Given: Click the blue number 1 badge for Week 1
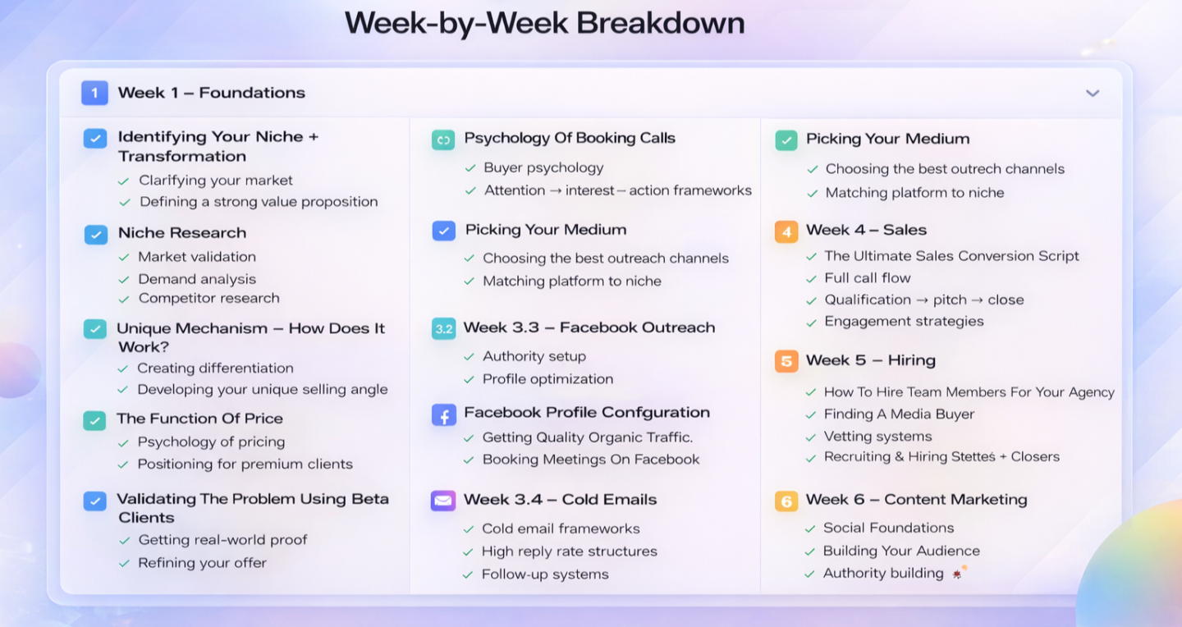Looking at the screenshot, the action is [94, 93].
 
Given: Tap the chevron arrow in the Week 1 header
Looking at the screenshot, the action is [1093, 94].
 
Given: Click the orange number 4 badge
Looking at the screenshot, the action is [786, 231].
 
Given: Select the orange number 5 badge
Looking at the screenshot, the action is [786, 361].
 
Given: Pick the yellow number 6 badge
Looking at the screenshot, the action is [786, 501].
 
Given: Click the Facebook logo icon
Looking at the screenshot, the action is [444, 414].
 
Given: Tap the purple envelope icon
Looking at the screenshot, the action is [443, 501].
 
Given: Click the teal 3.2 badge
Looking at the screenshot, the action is [444, 329].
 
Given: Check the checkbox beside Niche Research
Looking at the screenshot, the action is [95, 235].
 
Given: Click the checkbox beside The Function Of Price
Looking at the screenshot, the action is [94, 421].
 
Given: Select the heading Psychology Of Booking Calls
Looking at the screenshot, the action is [570, 138].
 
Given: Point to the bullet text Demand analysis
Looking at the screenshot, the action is [197, 279].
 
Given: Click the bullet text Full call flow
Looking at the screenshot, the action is [868, 277].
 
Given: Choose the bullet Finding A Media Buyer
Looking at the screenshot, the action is [899, 414].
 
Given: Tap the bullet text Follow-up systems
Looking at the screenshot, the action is [545, 574].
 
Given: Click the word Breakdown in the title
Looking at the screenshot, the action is [660, 23].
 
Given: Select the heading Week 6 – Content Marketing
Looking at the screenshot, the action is [917, 499].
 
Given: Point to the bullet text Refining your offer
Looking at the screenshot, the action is [202, 563].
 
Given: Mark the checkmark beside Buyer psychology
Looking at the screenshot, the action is [470, 168].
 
